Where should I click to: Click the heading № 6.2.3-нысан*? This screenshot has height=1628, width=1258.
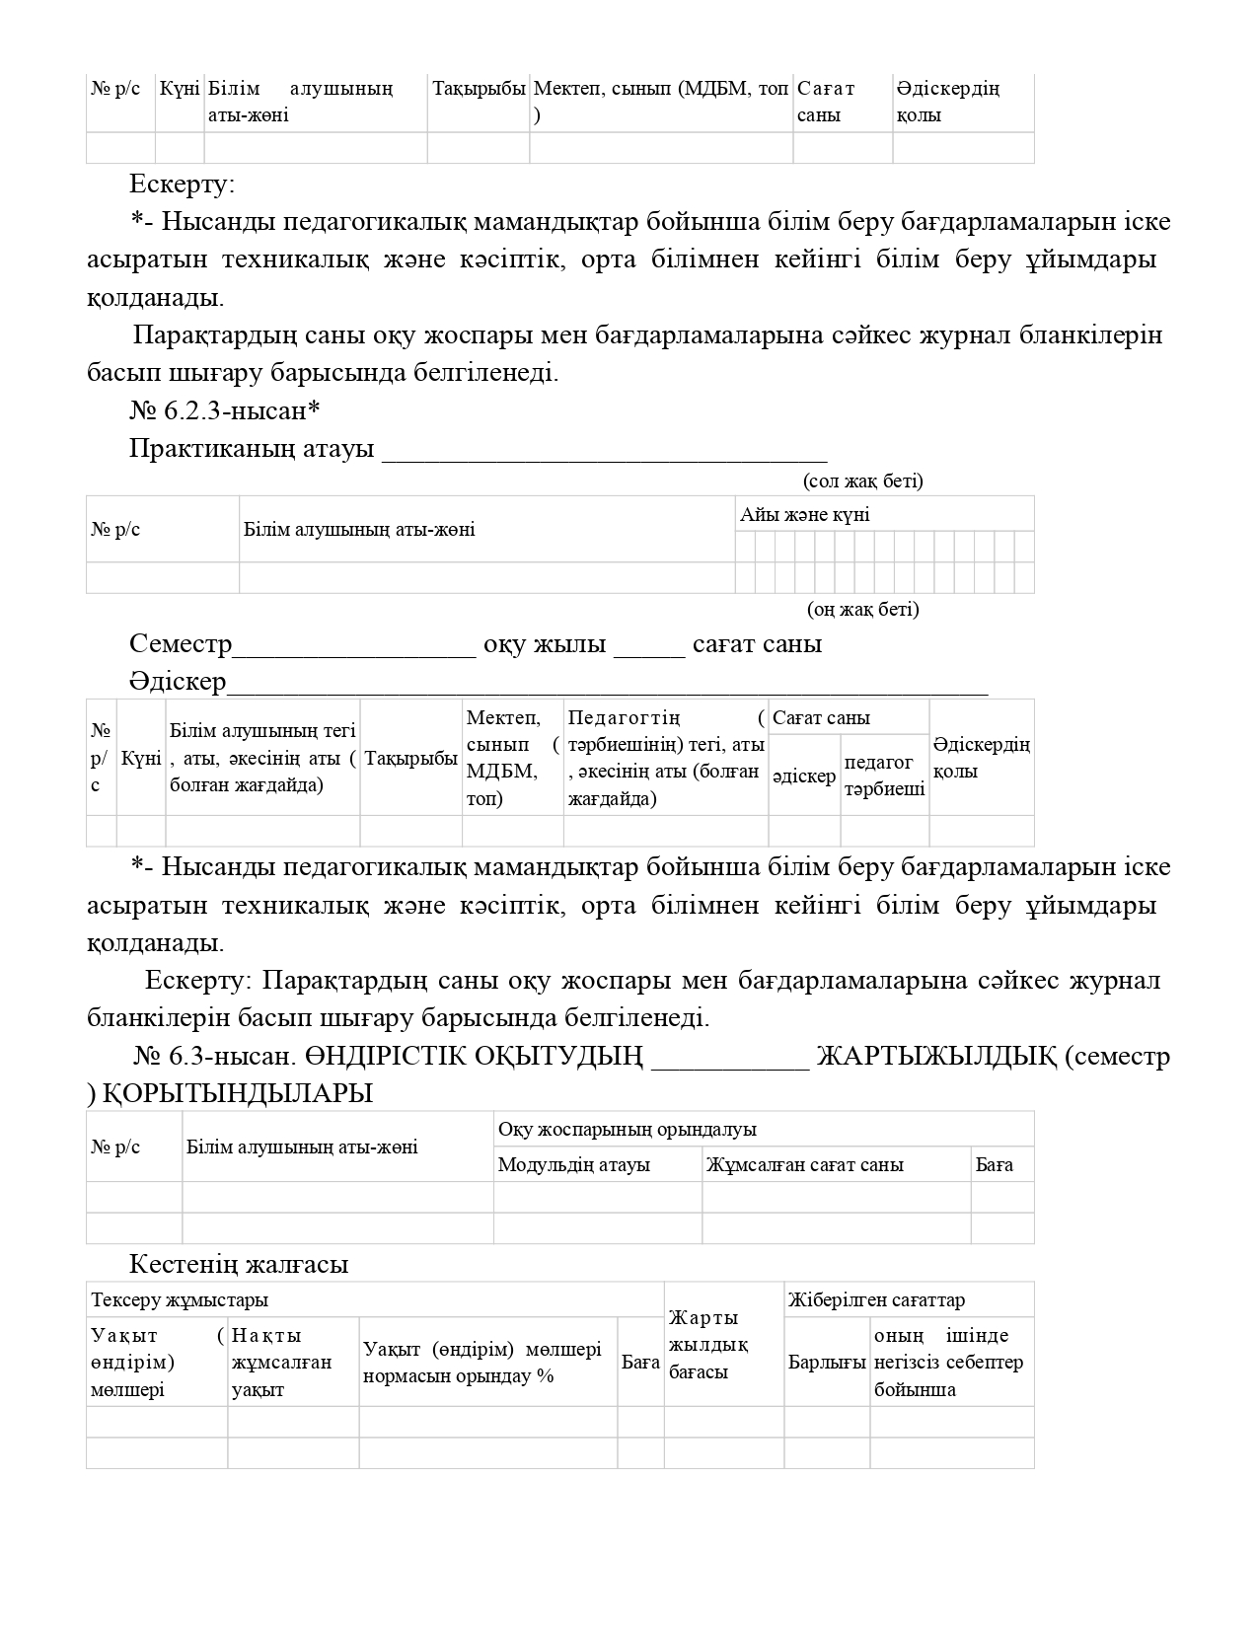click(226, 410)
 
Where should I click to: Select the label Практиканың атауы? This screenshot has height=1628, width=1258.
click(252, 449)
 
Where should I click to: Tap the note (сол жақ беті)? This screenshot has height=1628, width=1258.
click(862, 481)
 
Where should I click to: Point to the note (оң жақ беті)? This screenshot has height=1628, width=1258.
click(862, 609)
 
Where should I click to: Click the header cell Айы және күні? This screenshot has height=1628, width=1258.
click(805, 515)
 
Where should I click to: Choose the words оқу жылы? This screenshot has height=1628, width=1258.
click(545, 645)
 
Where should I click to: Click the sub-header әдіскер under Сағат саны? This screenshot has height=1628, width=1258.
click(804, 777)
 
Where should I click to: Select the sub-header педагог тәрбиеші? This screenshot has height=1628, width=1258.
click(884, 777)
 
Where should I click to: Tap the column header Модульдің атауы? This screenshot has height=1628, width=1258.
click(573, 1165)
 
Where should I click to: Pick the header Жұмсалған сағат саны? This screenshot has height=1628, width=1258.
click(804, 1165)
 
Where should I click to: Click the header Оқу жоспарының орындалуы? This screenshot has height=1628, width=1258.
click(627, 1130)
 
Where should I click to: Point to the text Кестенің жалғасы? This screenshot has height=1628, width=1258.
click(239, 1265)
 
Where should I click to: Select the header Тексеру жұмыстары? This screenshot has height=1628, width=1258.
click(180, 1300)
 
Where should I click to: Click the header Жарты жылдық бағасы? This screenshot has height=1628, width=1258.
click(708, 1345)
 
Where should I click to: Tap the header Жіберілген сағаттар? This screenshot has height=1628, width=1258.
click(876, 1300)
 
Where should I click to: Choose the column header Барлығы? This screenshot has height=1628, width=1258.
click(827, 1363)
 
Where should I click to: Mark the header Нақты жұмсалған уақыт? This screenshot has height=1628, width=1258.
click(281, 1363)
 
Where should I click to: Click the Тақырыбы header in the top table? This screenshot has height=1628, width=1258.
click(479, 89)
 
